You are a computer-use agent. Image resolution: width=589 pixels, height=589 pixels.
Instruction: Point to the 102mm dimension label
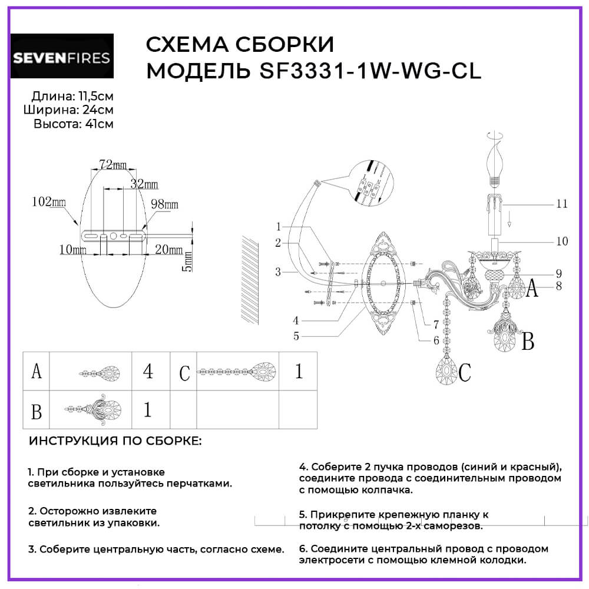(48, 201)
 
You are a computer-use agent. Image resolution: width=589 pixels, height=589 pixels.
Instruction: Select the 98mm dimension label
(164, 204)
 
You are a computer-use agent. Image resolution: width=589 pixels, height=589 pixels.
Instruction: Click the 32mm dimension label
(144, 184)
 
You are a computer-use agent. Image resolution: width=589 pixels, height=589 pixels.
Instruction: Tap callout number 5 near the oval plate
(296, 336)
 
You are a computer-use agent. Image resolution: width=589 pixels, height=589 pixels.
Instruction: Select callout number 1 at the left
(279, 226)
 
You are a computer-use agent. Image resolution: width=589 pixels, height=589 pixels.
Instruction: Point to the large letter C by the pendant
(465, 372)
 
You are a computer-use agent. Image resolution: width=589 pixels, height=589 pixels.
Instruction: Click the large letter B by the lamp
(528, 341)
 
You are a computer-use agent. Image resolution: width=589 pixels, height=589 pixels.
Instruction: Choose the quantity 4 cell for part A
(148, 372)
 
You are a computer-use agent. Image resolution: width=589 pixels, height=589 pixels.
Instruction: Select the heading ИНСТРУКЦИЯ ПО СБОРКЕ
(115, 441)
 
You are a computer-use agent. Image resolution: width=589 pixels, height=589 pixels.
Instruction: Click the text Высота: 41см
(74, 124)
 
